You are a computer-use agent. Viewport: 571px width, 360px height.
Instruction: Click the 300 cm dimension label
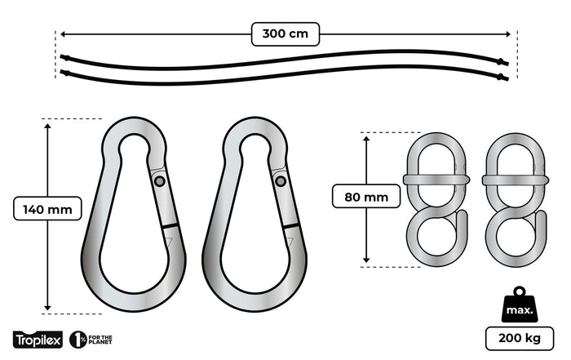pyautogui.click(x=285, y=34)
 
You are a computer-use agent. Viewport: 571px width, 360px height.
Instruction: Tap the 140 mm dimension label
pyautogui.click(x=48, y=210)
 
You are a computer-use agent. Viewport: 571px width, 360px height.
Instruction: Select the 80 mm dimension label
pyautogui.click(x=365, y=196)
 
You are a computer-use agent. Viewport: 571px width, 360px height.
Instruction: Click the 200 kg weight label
pyautogui.click(x=519, y=338)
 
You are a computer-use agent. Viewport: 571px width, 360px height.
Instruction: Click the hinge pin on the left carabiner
pyautogui.click(x=159, y=181)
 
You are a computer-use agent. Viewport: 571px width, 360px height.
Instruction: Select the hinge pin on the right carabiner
pyautogui.click(x=280, y=181)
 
